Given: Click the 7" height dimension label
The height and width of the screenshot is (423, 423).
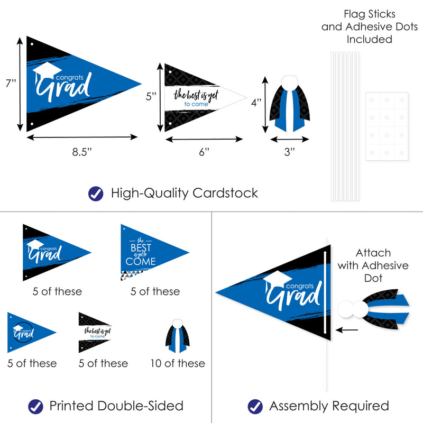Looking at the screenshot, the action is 11,83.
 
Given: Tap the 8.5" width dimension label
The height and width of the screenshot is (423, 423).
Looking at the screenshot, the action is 82,152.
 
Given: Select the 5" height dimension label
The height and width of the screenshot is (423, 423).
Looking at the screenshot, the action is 151,96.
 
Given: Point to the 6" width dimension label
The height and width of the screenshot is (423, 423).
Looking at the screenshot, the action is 204,152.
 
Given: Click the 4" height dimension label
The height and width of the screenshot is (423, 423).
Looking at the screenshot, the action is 256,103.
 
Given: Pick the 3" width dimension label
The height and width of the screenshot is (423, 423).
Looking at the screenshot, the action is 289,152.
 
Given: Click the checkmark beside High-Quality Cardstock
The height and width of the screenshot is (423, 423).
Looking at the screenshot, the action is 96,194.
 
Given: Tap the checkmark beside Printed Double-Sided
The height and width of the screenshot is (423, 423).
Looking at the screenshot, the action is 35,407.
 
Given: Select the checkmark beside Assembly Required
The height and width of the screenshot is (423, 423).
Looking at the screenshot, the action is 255,407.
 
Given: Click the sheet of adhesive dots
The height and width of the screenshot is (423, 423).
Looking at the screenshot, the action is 387,126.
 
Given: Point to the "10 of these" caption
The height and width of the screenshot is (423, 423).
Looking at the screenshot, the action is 178,363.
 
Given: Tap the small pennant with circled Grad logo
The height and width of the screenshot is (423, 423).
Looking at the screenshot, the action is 32,333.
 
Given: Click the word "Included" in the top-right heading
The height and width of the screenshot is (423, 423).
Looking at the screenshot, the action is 369,39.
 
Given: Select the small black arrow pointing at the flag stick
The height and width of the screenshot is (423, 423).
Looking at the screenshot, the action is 347,330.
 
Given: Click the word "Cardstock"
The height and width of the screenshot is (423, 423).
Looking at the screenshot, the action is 225,193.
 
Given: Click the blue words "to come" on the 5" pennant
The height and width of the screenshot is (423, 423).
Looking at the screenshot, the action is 196,104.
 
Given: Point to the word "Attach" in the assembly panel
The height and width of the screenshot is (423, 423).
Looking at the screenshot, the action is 373,253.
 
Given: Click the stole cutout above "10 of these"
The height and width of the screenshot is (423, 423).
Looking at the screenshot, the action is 178,336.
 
